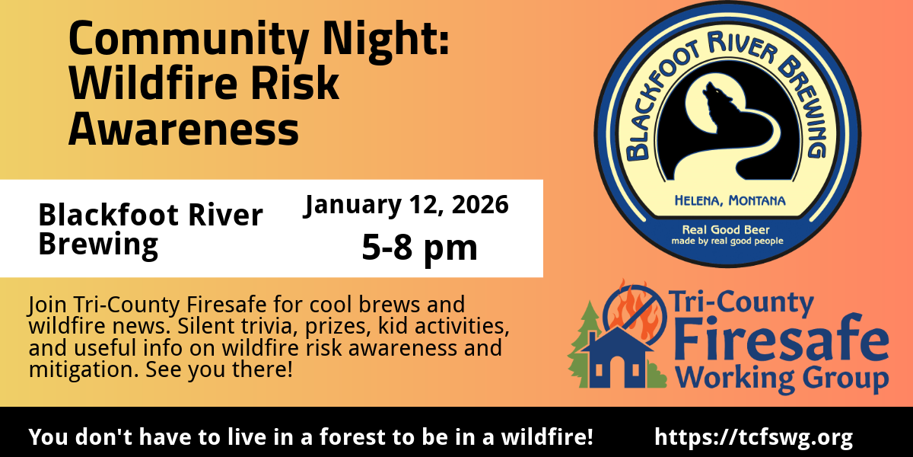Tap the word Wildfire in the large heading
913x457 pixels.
tap(154, 83)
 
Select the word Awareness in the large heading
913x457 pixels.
tap(184, 129)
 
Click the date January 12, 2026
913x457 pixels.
tap(406, 205)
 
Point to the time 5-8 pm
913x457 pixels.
tap(419, 248)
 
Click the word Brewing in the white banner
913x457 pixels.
tap(98, 244)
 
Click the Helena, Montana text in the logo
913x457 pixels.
tap(730, 201)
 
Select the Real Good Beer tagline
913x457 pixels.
tap(726, 230)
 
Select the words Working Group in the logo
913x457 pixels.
tap(783, 379)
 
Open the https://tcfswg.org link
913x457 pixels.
tap(754, 437)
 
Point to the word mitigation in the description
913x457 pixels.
tap(84, 370)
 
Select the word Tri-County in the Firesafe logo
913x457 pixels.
tap(740, 303)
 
